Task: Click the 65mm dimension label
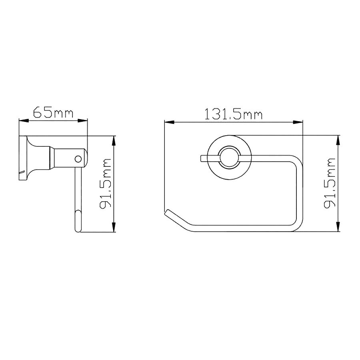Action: click(x=53, y=112)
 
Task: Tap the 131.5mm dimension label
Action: click(x=233, y=114)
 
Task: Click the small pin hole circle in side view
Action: click(x=78, y=159)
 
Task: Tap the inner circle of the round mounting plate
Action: click(x=229, y=158)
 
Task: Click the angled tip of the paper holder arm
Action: click(x=167, y=212)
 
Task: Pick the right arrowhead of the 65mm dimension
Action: click(x=83, y=120)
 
